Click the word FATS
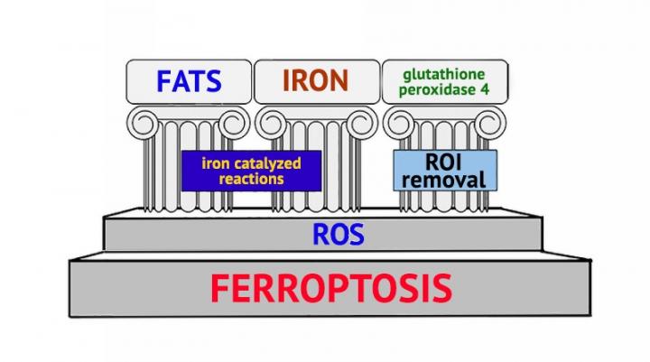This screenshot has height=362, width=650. (188, 81)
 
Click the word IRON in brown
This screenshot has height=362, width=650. (315, 81)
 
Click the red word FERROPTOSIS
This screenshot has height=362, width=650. (331, 289)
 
